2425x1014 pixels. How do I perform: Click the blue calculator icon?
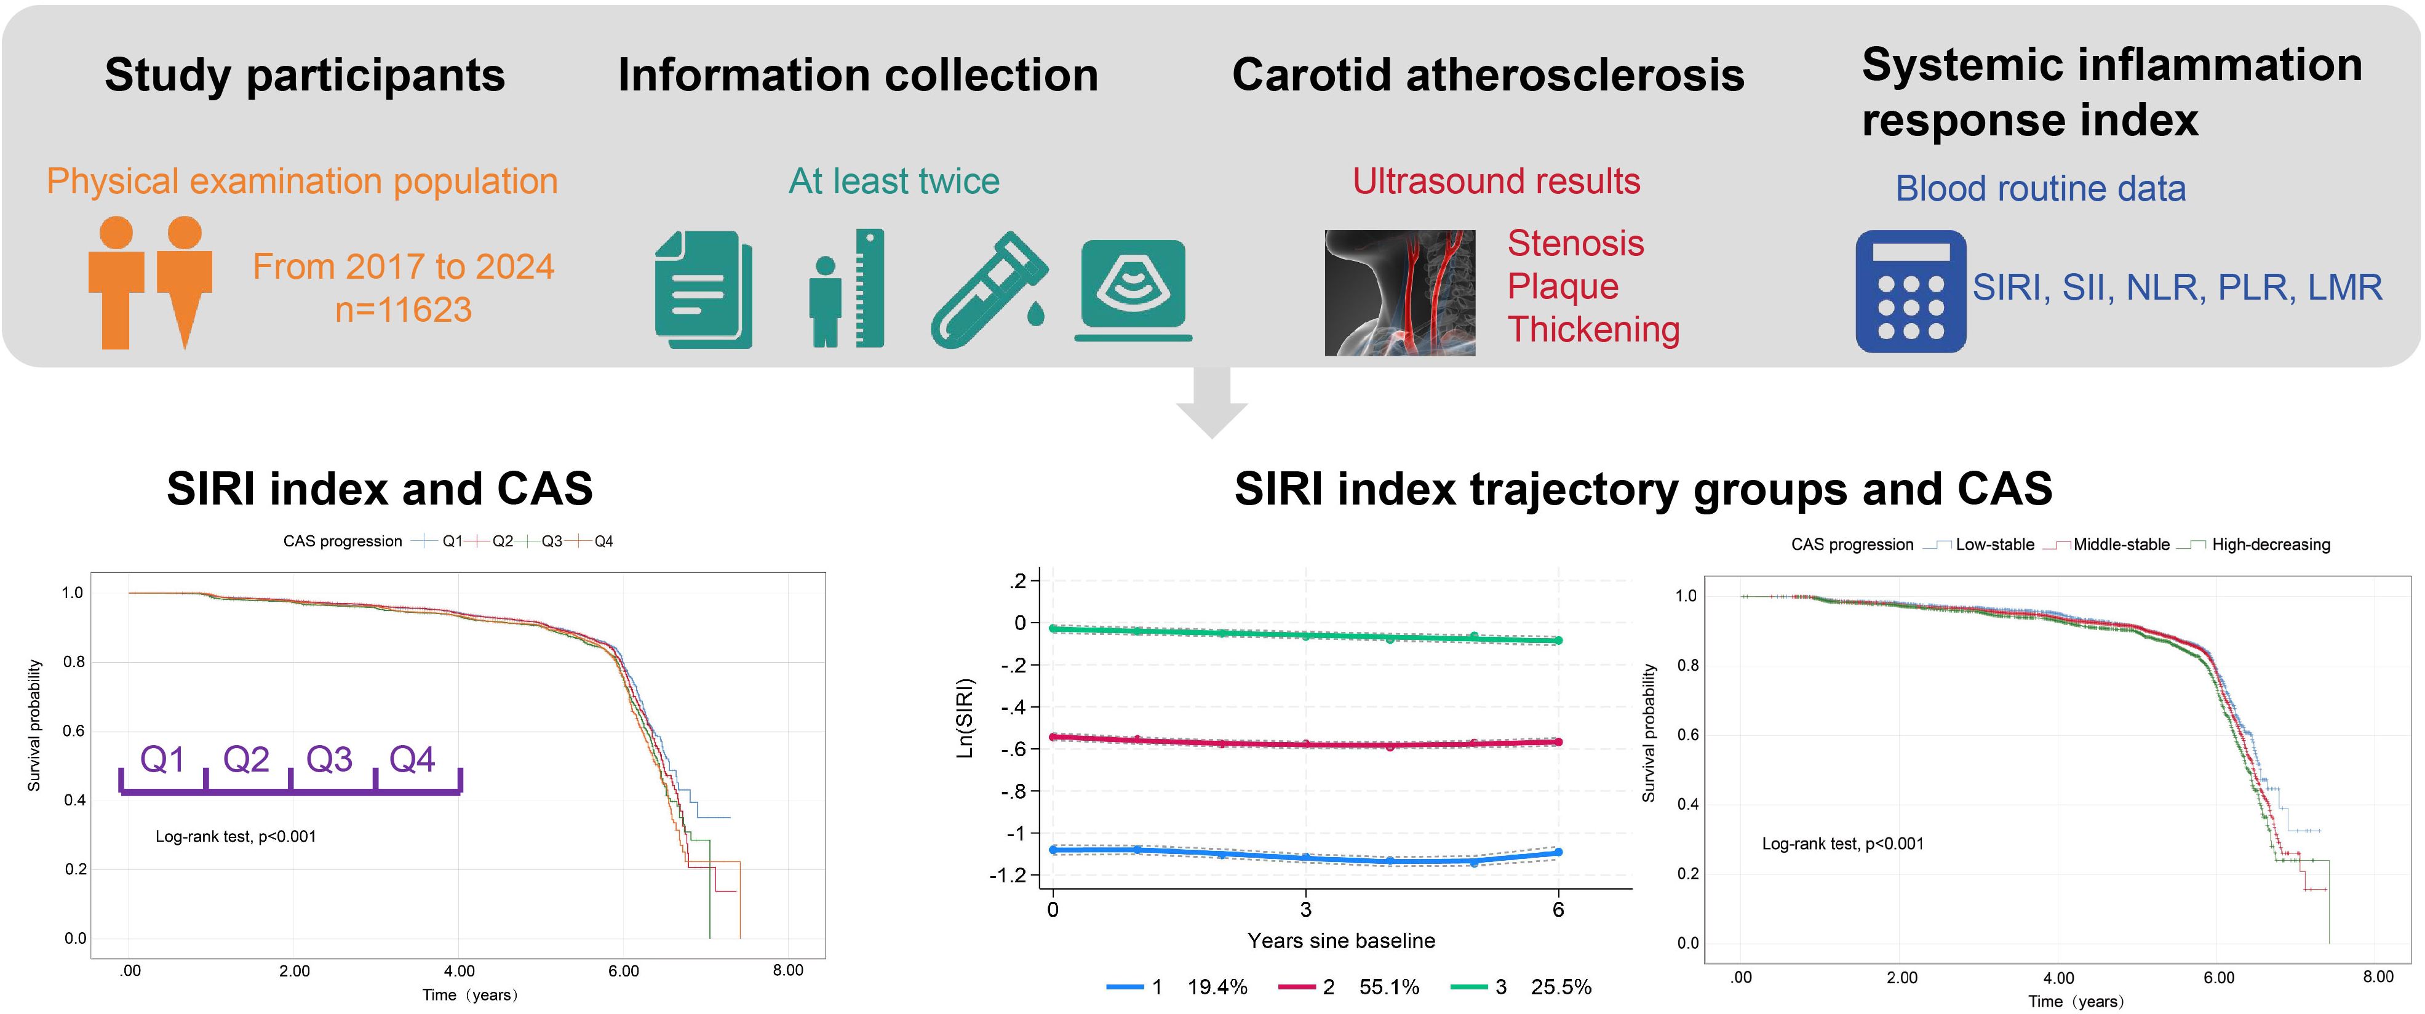point(1910,291)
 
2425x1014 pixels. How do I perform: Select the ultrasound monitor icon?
point(1133,290)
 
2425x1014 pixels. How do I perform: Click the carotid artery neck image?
point(1400,293)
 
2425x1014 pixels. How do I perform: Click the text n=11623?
point(403,309)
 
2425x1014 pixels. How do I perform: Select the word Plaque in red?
point(1563,286)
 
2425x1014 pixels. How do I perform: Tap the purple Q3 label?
point(330,759)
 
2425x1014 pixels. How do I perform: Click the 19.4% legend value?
point(1217,987)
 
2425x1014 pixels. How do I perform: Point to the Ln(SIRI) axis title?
point(965,719)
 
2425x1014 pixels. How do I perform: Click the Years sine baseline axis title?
point(1340,941)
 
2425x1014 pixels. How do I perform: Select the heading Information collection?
point(858,74)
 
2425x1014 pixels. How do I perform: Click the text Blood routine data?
point(2040,188)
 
